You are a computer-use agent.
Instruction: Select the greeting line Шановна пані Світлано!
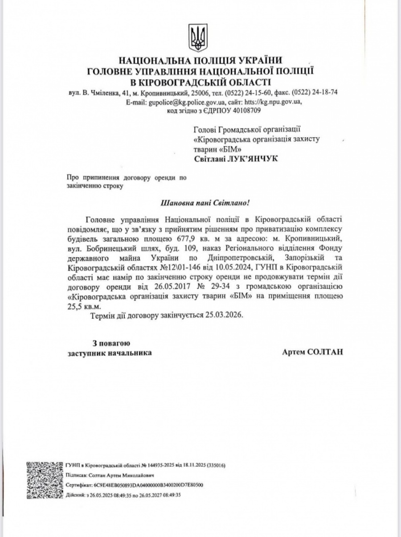coord(205,203)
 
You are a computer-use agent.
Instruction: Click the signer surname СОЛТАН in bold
coord(327,352)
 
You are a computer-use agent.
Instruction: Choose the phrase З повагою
coord(111,343)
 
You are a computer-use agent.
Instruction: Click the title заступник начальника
coord(109,353)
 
